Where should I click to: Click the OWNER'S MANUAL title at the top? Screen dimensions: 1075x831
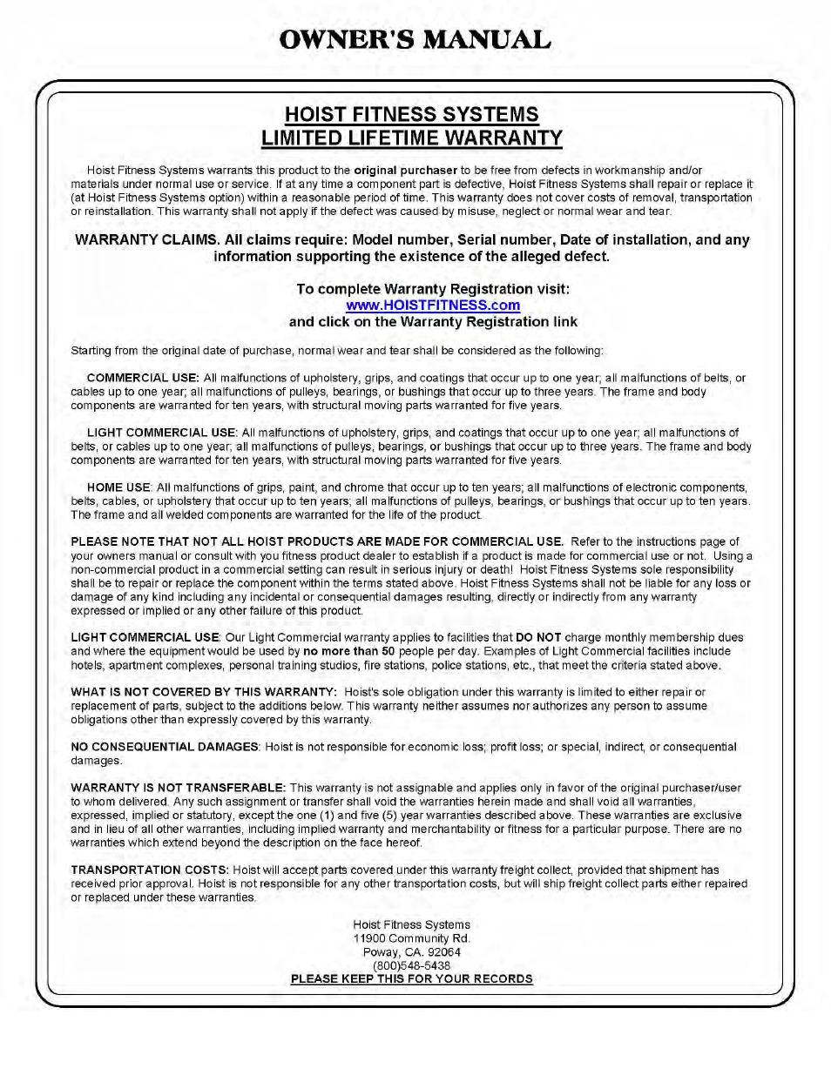click(x=415, y=40)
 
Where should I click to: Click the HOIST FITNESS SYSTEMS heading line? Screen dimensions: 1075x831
click(x=411, y=115)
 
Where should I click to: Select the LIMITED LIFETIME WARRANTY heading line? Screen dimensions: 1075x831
click(x=411, y=138)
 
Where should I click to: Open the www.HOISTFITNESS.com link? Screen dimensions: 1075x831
click(x=433, y=306)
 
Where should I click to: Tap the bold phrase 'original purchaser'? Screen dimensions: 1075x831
click(x=405, y=171)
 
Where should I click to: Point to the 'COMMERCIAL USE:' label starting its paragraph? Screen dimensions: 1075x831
click(x=143, y=378)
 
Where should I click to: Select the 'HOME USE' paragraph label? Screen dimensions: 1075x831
click(x=118, y=487)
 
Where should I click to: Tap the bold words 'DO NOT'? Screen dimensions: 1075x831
click(x=538, y=638)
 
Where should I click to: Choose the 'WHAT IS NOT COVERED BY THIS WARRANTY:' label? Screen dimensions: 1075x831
click(x=204, y=692)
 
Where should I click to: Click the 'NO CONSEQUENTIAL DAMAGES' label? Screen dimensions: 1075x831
click(x=165, y=747)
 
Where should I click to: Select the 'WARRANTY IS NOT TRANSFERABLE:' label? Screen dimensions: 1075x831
click(x=178, y=788)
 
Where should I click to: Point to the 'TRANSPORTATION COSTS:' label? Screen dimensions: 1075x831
click(x=150, y=870)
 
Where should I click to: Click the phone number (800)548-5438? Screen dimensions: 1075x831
click(x=411, y=965)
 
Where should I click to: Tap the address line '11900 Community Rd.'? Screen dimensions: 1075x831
click(x=411, y=938)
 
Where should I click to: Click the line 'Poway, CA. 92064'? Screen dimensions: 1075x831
click(x=411, y=952)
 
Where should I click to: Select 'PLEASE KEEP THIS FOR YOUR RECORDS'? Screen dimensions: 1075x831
click(x=411, y=979)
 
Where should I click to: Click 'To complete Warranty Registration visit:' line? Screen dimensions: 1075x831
click(x=433, y=289)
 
